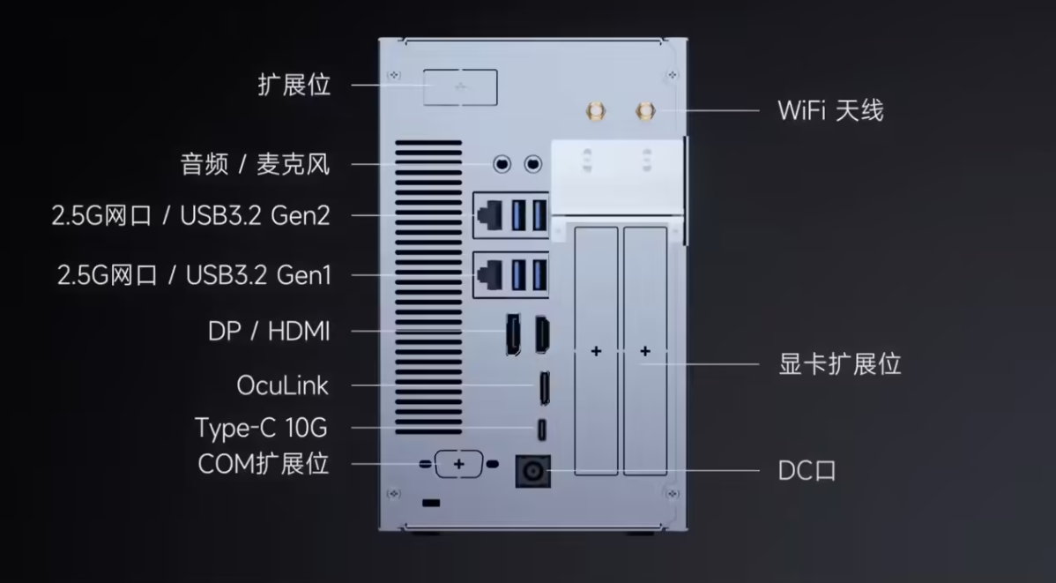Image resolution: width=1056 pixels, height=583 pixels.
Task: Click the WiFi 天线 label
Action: click(830, 110)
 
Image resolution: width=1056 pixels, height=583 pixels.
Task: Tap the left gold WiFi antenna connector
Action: click(595, 111)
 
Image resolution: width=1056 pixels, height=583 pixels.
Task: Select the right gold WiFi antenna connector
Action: click(645, 111)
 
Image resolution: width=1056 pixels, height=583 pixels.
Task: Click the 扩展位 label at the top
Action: click(294, 85)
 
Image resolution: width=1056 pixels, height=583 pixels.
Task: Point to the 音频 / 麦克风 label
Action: click(256, 164)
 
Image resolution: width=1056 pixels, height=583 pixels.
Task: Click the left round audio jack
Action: click(502, 164)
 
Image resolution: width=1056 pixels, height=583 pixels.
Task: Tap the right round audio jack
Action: click(532, 164)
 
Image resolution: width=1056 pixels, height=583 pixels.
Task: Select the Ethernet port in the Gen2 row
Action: click(489, 216)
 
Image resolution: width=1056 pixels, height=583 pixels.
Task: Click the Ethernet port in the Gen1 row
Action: click(489, 275)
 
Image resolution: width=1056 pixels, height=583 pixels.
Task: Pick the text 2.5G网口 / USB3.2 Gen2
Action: click(190, 216)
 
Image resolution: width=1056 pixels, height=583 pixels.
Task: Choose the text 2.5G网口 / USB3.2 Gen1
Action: click(194, 275)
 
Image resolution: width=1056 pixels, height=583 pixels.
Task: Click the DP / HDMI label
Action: click(270, 332)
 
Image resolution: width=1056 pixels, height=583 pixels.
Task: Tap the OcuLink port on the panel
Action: click(544, 387)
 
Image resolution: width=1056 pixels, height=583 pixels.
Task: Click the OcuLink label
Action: click(282, 385)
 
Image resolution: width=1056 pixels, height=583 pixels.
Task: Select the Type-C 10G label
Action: click(261, 428)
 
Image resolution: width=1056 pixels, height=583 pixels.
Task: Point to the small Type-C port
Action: click(541, 430)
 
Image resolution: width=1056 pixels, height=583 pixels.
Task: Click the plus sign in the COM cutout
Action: click(458, 464)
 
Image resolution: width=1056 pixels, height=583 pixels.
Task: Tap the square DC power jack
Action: click(532, 471)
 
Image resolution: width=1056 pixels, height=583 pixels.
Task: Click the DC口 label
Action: click(807, 470)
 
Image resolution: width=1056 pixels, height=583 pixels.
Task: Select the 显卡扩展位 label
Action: click(840, 364)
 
